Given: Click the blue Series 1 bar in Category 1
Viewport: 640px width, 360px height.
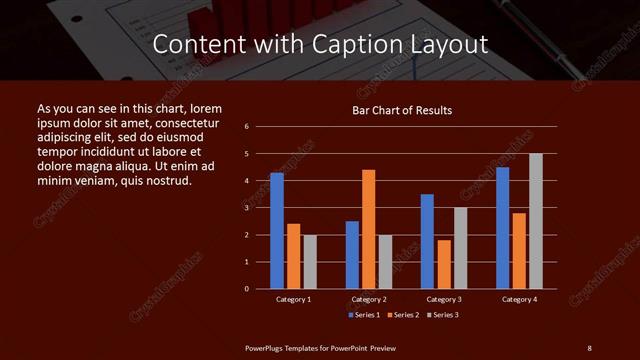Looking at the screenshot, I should (277, 231).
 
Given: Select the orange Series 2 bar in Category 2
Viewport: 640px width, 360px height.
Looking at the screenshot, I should (369, 229).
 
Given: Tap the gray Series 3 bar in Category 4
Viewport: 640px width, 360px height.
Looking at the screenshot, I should (536, 221).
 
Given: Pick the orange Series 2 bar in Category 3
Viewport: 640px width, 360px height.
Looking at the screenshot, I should (444, 264).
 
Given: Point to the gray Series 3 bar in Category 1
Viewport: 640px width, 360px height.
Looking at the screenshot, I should (310, 262).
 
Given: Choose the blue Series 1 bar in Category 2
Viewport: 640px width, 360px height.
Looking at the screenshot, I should (352, 255).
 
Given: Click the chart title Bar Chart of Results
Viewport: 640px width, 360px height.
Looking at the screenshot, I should (402, 110).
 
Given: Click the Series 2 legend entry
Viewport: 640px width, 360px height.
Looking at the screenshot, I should (403, 315).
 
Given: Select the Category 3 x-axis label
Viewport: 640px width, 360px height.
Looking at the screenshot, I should (444, 299).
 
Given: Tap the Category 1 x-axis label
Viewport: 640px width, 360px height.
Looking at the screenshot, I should (293, 299).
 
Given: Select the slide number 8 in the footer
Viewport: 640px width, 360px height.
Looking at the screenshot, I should (589, 347).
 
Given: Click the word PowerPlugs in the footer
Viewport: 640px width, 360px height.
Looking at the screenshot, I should (267, 347).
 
